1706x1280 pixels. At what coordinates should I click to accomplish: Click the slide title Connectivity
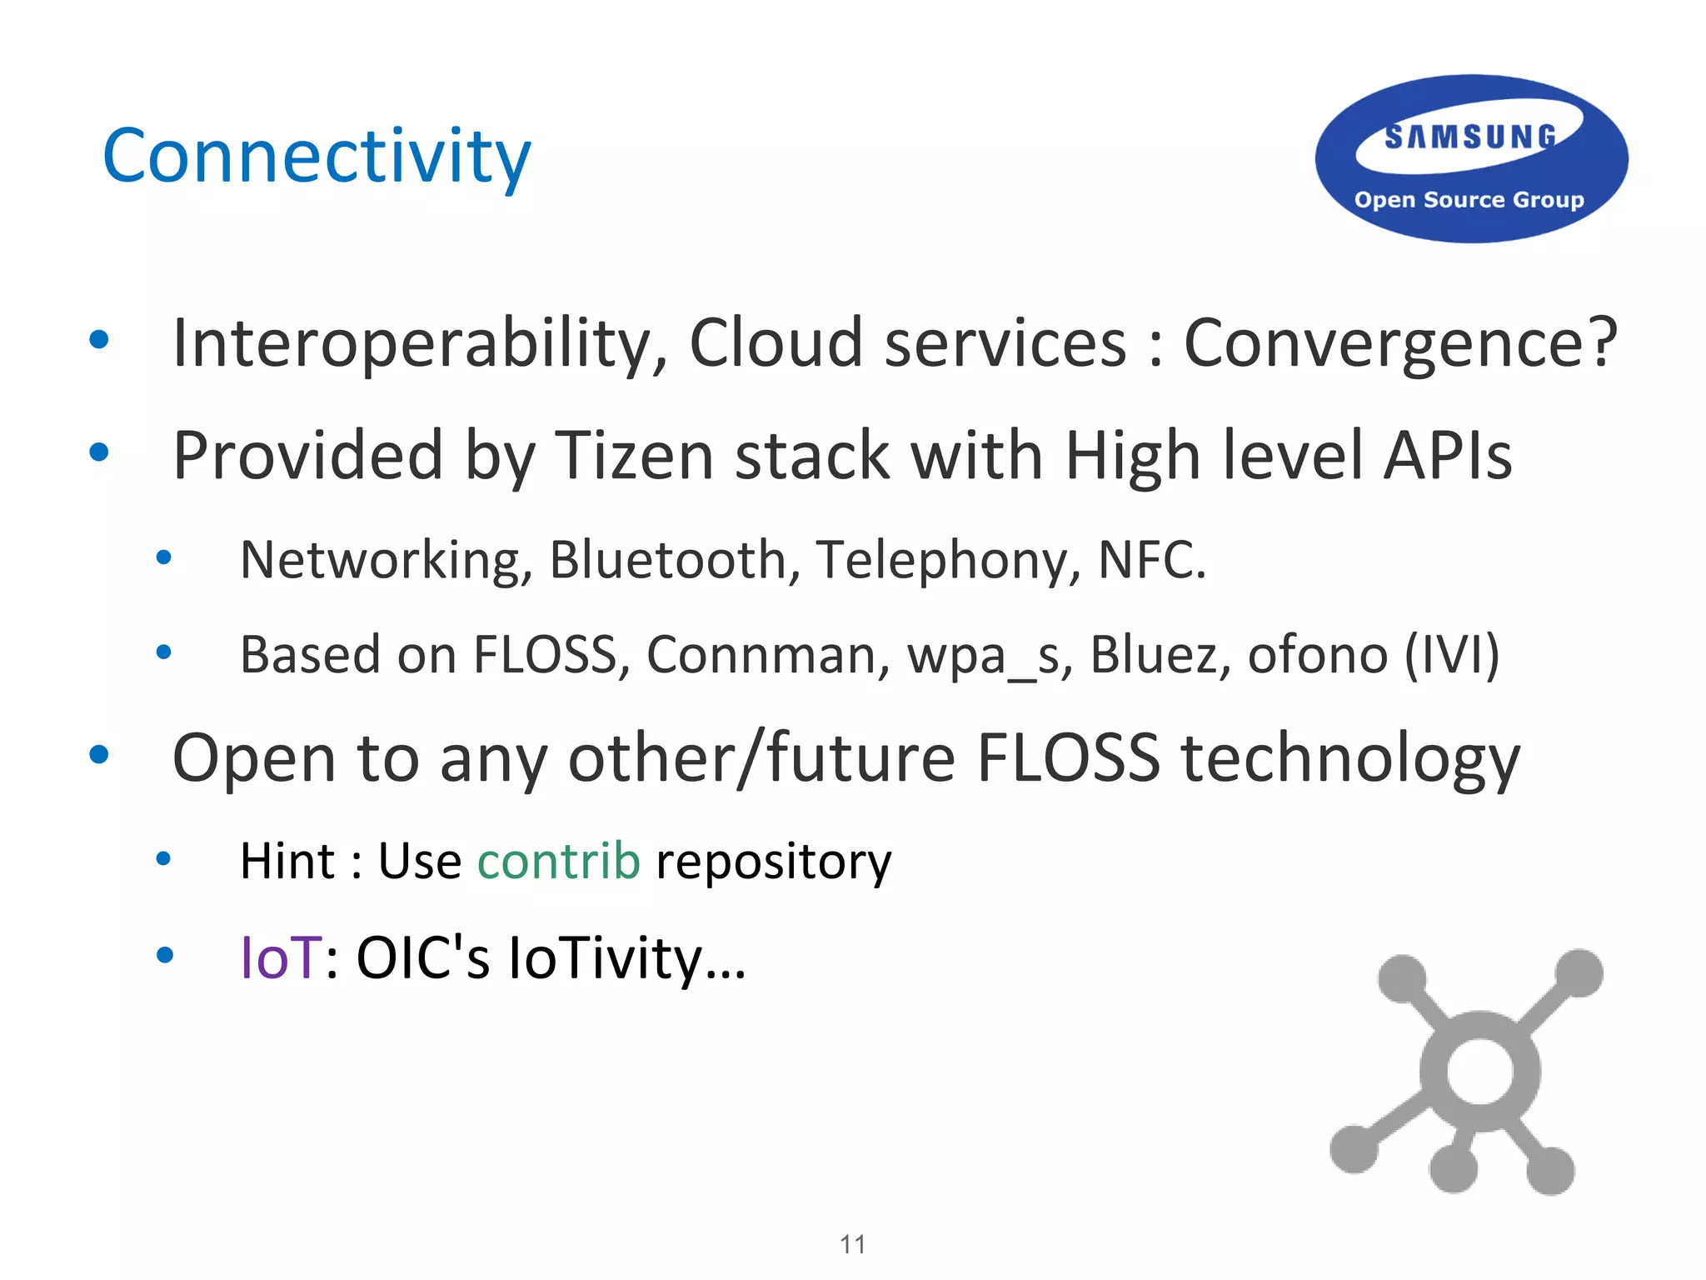click(x=317, y=157)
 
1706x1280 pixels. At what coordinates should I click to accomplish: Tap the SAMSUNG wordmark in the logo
click(x=1470, y=137)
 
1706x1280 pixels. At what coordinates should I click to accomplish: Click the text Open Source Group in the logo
click(x=1469, y=200)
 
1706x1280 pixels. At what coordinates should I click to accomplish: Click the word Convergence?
click(x=1400, y=343)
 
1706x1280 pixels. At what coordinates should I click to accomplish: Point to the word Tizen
click(x=634, y=456)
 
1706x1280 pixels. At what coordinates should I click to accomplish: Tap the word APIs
click(x=1447, y=456)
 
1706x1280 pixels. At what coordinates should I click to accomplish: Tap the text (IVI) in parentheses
click(x=1452, y=655)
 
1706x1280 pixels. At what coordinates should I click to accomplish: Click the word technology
click(x=1350, y=758)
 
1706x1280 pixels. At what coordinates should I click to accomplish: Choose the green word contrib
click(x=559, y=861)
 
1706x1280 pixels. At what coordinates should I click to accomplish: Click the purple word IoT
click(x=280, y=957)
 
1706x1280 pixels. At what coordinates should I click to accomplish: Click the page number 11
click(x=852, y=1244)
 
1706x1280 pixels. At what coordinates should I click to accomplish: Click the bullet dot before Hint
click(x=164, y=858)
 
